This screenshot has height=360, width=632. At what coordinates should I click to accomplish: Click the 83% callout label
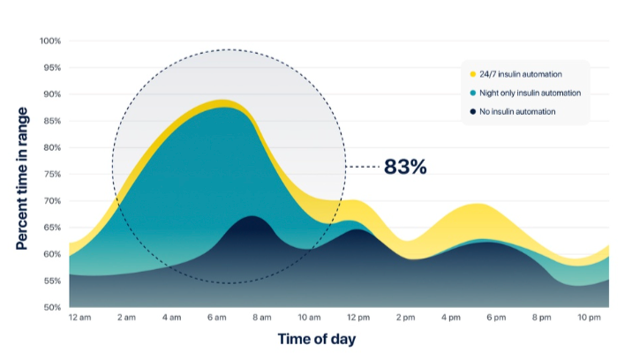click(405, 166)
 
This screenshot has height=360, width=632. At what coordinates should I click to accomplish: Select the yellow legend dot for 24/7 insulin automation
click(473, 74)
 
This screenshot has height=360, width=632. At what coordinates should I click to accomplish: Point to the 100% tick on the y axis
click(49, 41)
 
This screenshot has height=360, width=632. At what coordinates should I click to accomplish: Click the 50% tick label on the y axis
click(51, 308)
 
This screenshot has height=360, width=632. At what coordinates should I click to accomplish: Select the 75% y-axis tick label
click(51, 175)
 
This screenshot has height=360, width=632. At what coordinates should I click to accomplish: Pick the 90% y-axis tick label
click(51, 94)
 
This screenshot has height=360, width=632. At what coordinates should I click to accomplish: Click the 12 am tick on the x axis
click(79, 318)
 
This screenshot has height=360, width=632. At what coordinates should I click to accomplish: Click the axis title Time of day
click(317, 339)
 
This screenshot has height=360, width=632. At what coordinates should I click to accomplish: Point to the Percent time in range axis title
click(22, 177)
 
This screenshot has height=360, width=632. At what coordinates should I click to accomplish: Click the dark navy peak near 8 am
click(252, 225)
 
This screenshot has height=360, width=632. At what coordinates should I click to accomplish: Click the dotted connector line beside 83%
click(360, 166)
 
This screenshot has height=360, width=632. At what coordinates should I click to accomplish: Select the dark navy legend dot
click(473, 111)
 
